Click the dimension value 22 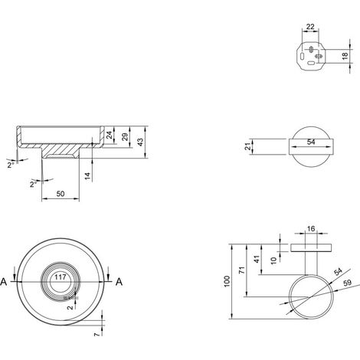click(310, 27)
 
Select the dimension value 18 click(345, 56)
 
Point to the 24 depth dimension click(109, 135)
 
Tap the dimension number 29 click(125, 137)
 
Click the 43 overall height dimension click(140, 142)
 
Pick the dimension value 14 click(87, 176)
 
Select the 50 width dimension click(61, 194)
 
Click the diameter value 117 click(61, 277)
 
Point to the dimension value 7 click(97, 334)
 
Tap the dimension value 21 click(247, 146)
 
